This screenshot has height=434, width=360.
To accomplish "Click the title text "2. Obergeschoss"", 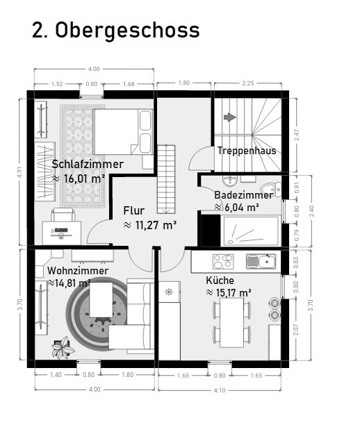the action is point(116,31).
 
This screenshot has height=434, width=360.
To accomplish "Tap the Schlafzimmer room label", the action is point(88,164).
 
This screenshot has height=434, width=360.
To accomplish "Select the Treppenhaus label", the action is point(247,151).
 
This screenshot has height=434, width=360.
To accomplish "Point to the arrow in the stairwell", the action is point(230,117).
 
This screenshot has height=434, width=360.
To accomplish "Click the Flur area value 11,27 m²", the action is point(150,225).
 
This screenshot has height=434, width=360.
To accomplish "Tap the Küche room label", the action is point(220,281).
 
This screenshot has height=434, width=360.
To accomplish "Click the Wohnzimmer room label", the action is point(78,271).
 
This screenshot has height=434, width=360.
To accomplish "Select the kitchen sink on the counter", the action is point(261,262).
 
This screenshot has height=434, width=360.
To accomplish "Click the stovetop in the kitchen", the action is point(223,262).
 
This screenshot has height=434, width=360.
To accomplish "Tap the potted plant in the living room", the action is point(63,348).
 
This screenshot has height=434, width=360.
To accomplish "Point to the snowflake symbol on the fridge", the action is point(169,292).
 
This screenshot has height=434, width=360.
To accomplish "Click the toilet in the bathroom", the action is point(271,190).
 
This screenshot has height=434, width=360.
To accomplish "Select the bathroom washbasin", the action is point(229,181).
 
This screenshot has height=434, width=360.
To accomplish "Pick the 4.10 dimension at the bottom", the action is point(220,390).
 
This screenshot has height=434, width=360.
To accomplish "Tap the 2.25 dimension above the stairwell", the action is point(248,83).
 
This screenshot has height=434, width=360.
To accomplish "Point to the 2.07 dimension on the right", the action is point(297,331).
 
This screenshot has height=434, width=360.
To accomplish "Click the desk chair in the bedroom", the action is point(63,215).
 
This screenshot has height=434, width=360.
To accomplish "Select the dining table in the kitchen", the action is point(232,322).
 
